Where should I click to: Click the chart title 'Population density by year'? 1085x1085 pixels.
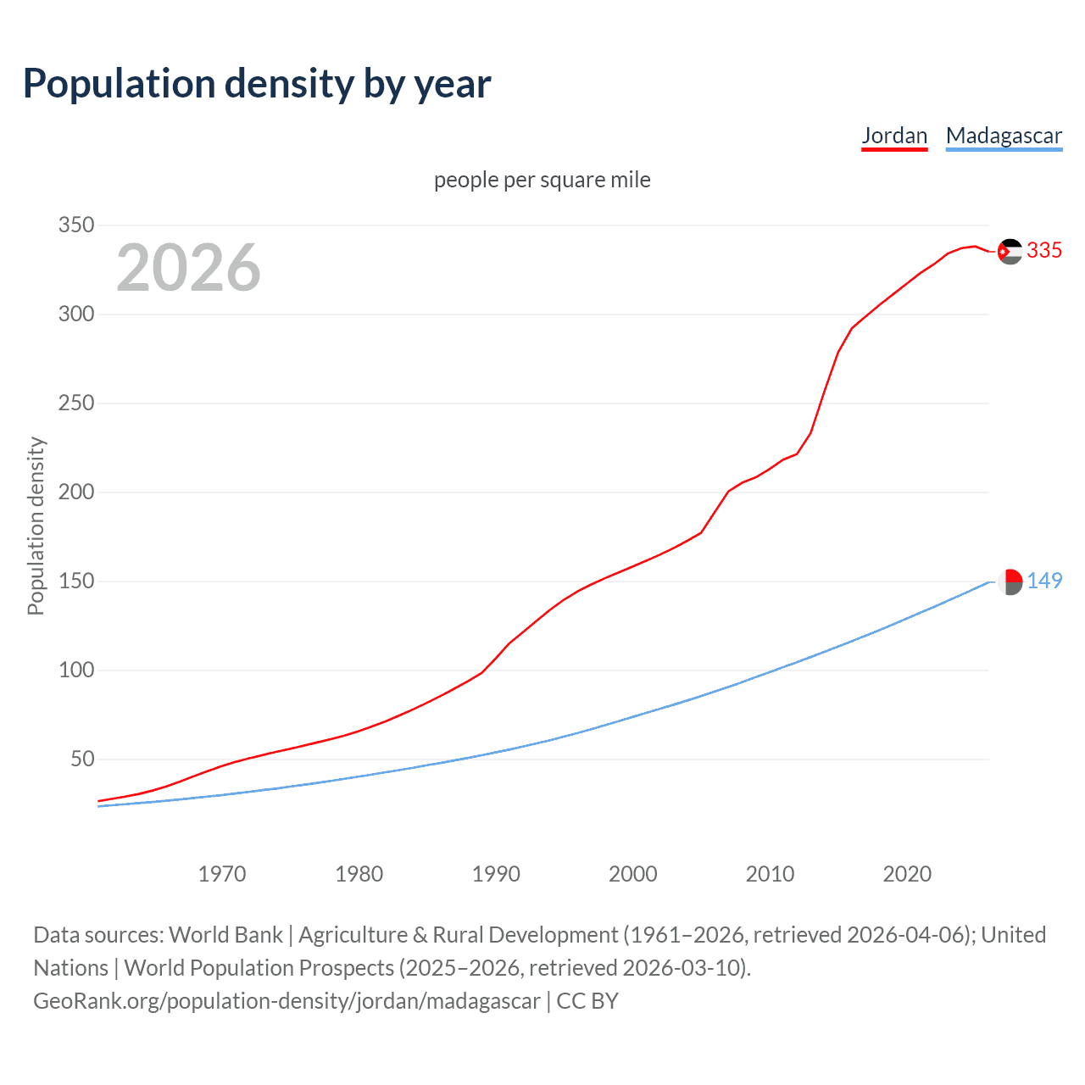click(x=257, y=84)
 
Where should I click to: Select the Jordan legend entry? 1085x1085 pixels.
click(x=894, y=136)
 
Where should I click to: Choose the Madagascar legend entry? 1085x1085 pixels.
click(x=1004, y=136)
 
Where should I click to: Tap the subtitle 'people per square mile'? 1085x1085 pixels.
click(x=542, y=180)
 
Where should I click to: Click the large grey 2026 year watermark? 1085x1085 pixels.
click(x=188, y=268)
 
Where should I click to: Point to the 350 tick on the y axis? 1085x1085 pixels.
click(x=75, y=225)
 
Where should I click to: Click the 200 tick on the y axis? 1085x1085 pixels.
click(x=75, y=492)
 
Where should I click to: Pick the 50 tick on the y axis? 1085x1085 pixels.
click(x=82, y=759)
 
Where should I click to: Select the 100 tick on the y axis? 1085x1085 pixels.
click(x=75, y=670)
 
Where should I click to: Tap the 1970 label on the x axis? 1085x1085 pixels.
click(x=222, y=874)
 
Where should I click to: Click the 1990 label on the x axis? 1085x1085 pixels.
click(x=496, y=874)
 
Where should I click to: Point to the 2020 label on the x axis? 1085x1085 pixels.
click(x=907, y=874)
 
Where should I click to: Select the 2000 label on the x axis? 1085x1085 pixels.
click(x=633, y=874)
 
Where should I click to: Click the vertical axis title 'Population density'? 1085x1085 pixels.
click(x=36, y=526)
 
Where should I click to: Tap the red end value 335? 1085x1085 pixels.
click(x=1044, y=251)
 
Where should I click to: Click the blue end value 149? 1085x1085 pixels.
click(x=1044, y=581)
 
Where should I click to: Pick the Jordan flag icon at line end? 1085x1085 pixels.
click(x=1010, y=252)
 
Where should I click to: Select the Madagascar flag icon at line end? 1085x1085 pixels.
click(x=1010, y=581)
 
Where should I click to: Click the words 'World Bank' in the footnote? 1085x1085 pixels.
click(x=225, y=935)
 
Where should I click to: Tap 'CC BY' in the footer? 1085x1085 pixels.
click(x=587, y=1001)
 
